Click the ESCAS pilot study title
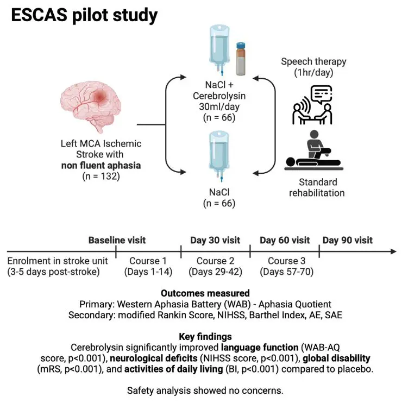click(x=85, y=15)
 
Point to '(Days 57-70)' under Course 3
click(x=284, y=271)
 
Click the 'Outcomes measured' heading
click(x=200, y=293)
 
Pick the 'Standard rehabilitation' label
click(x=317, y=187)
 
